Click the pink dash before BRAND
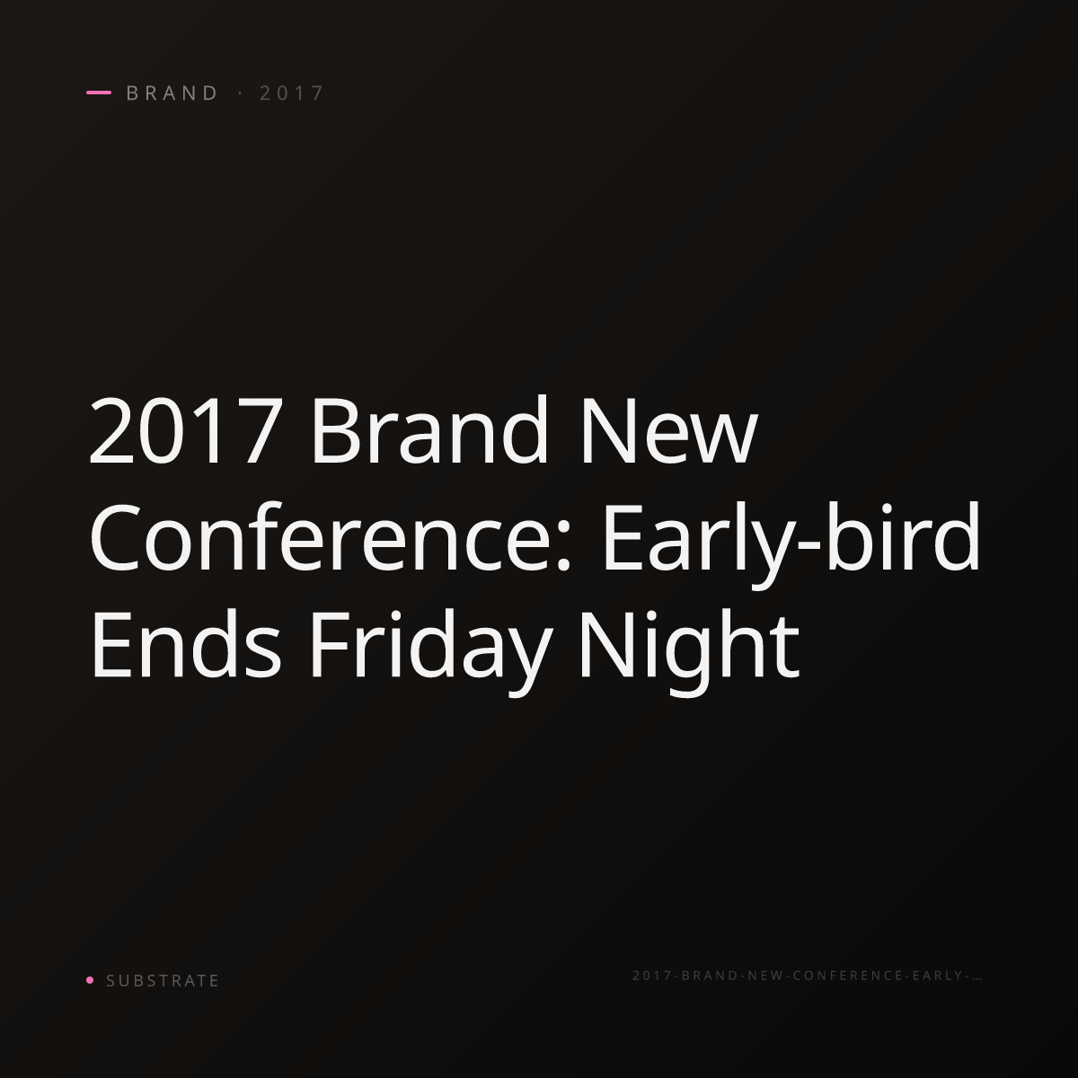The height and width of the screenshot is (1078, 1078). point(99,93)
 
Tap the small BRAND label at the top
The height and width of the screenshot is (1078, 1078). point(172,93)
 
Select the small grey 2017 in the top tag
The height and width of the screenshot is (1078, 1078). point(291,93)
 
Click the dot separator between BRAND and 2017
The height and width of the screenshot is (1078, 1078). point(241,93)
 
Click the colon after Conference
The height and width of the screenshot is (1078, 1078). point(562,546)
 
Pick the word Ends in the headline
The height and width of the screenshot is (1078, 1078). point(185,642)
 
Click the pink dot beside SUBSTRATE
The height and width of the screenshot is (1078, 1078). point(90,979)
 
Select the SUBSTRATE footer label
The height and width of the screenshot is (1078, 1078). point(163,980)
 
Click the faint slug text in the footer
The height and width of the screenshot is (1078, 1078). point(808,975)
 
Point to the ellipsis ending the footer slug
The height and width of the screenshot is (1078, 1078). point(976,978)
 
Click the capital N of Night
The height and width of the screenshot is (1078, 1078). point(608,644)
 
